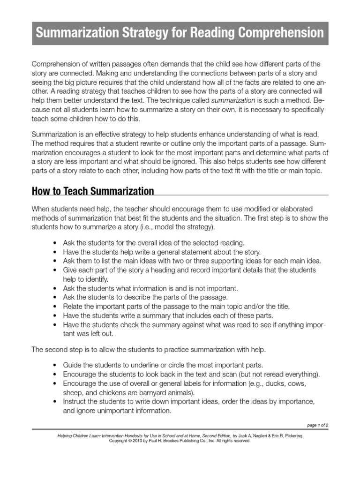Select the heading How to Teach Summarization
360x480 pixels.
pos(93,191)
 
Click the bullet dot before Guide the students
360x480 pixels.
pos(55,365)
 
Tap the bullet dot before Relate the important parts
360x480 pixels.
pos(55,307)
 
